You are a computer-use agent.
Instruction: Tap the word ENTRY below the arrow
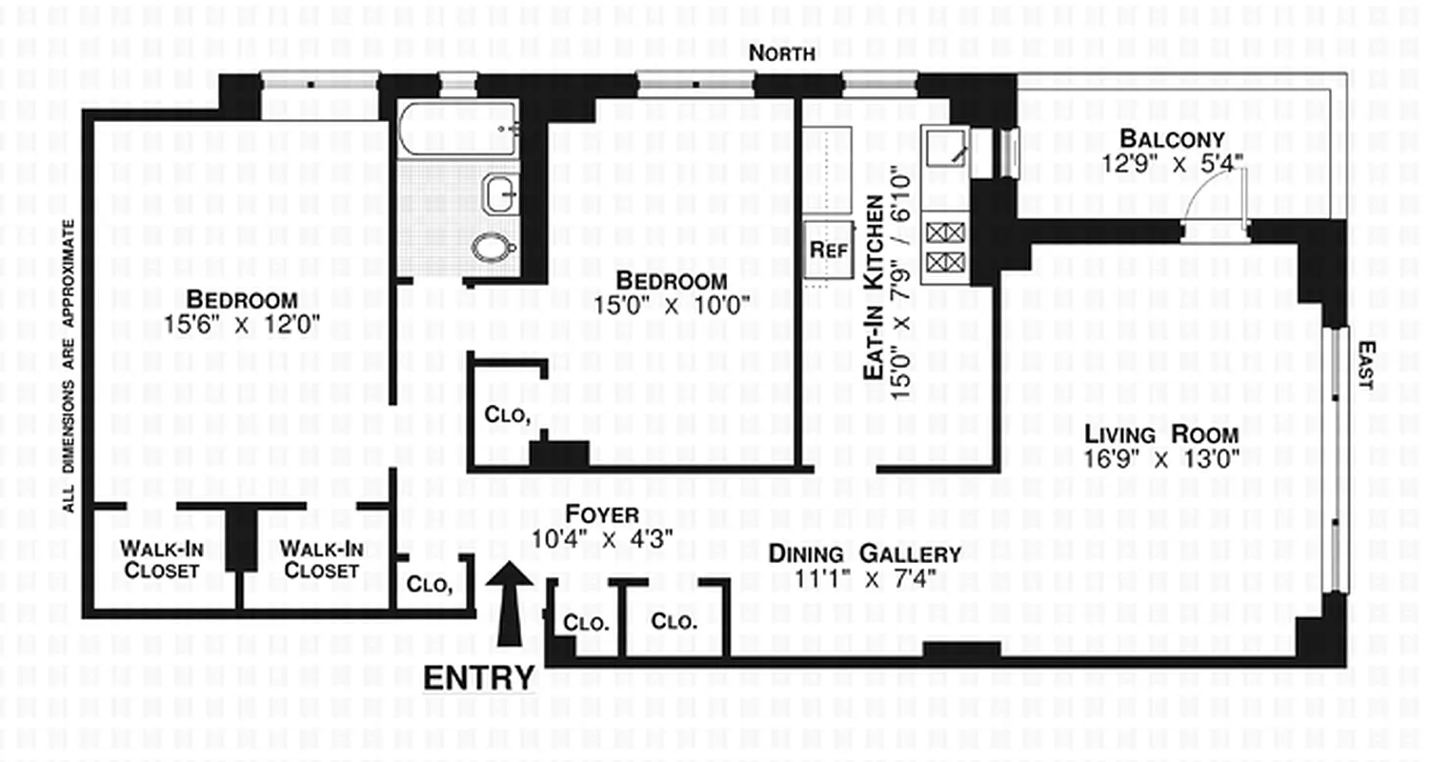click(478, 678)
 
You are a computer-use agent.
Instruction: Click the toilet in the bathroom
click(494, 248)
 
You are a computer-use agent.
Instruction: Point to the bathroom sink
click(500, 194)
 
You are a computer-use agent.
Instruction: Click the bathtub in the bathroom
click(458, 130)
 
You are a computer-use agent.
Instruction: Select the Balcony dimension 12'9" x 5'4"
click(1173, 164)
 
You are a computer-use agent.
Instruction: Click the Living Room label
click(1161, 434)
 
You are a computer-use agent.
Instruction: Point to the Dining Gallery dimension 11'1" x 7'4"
click(864, 578)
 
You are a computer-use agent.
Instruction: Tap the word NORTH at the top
click(781, 54)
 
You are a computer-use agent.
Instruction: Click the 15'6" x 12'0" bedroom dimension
click(242, 324)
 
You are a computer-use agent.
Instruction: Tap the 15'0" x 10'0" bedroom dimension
click(672, 306)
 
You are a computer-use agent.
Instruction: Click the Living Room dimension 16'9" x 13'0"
click(1161, 459)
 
